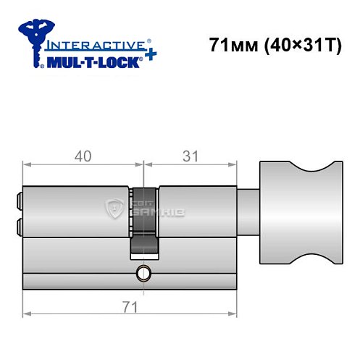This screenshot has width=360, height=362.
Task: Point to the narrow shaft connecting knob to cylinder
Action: click(248, 210)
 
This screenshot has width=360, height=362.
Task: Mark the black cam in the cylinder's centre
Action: click(143, 221)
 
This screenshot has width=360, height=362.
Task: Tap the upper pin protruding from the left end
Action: click(18, 198)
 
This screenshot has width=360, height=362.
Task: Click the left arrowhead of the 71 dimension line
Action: click(27, 314)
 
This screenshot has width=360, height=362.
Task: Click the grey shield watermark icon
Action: click(114, 211)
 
